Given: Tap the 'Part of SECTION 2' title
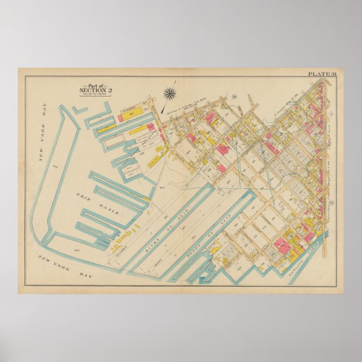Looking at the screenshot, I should tap(91, 89).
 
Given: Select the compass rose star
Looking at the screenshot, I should tap(169, 93).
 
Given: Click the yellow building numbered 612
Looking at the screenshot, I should tap(133, 114).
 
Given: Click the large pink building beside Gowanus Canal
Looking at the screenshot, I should tap(280, 245).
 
